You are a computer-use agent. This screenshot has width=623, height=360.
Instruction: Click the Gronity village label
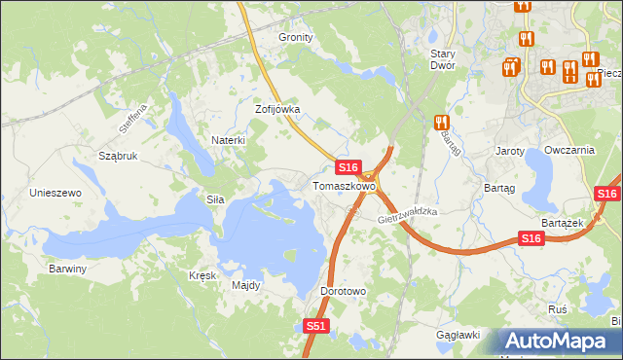coord(296,37)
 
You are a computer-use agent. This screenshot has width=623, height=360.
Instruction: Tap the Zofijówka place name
coord(277,110)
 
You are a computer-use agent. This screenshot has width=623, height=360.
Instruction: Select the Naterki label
coord(228,140)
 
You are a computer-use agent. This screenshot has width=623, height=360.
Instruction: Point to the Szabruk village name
coord(118,155)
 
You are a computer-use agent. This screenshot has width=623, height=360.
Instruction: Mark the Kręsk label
coord(202,275)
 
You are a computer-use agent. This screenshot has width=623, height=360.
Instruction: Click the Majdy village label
coord(245,286)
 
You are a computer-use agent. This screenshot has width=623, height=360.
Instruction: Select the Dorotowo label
coord(343,291)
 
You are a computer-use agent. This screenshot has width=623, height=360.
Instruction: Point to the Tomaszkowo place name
coord(344,185)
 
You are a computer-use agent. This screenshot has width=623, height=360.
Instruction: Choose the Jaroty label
coord(510,152)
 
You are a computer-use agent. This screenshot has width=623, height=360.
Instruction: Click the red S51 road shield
coord(315,327)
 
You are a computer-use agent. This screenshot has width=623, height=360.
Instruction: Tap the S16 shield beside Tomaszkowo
coord(350,167)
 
